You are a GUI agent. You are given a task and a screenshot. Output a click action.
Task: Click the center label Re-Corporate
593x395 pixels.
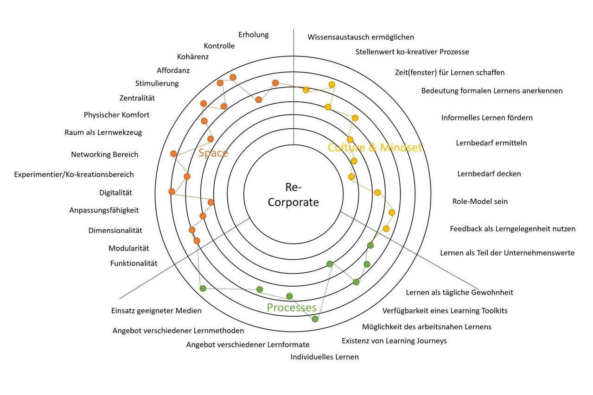click(293, 195)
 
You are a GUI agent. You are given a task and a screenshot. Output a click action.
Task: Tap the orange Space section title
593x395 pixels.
click(213, 153)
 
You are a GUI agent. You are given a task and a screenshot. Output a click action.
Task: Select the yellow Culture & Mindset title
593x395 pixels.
click(375, 148)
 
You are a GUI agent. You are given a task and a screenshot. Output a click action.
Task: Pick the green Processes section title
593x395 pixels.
click(292, 308)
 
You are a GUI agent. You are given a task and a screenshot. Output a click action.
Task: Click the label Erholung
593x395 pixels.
click(254, 35)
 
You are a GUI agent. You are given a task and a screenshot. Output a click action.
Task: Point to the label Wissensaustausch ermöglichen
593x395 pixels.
click(361, 37)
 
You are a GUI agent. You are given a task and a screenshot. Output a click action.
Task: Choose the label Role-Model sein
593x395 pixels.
click(480, 201)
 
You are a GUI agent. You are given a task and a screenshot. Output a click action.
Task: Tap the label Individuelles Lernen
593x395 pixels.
click(325, 357)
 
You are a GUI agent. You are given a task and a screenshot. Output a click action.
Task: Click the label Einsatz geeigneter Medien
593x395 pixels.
click(157, 311)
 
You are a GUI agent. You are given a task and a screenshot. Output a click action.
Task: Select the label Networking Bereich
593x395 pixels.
click(105, 155)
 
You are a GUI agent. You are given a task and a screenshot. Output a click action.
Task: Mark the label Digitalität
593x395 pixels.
click(115, 193)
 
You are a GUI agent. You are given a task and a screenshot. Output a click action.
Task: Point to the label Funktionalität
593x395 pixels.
click(134, 263)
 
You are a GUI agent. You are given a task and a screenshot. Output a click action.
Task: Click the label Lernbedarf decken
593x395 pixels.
click(489, 174)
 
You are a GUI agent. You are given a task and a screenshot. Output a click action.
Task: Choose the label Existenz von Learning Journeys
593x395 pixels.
click(394, 341)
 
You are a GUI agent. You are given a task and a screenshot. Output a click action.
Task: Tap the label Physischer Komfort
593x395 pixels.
click(117, 115)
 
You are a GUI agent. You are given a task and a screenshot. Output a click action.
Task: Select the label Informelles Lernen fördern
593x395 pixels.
click(487, 118)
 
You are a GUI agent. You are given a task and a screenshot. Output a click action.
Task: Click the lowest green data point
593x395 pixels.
click(315, 319)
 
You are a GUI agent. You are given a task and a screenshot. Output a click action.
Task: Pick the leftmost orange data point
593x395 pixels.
click(172, 191)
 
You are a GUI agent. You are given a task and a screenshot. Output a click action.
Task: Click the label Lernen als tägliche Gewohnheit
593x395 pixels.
click(459, 292)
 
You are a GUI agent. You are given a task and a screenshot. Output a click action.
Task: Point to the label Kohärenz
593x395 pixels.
click(193, 57)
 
